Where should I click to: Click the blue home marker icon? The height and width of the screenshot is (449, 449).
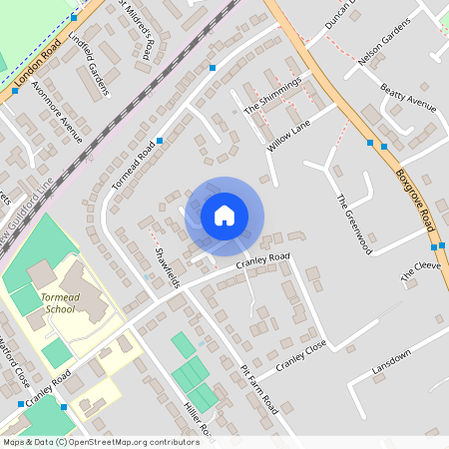[x=224, y=216]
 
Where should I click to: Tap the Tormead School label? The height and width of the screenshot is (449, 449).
[x=45, y=302]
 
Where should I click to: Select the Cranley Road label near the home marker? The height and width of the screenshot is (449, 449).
[x=262, y=261]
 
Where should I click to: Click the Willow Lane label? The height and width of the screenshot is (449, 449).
[x=288, y=135]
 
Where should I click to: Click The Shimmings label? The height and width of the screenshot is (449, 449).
[x=271, y=95]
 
